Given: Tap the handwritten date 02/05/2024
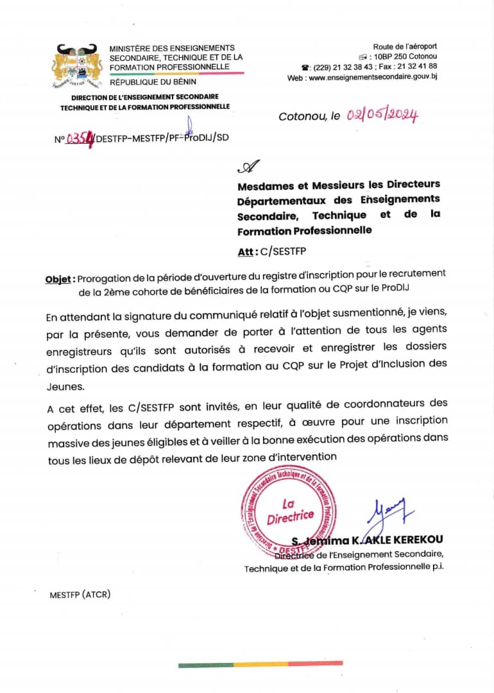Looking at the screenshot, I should click(382, 116).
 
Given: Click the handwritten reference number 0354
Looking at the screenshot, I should click(80, 137).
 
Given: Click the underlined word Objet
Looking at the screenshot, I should click(60, 279).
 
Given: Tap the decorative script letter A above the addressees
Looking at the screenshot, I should click(248, 167).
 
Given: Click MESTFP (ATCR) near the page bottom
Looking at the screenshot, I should click(80, 594).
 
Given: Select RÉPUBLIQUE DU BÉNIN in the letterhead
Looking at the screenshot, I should click(153, 82).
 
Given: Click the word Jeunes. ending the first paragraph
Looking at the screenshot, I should click(64, 387).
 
